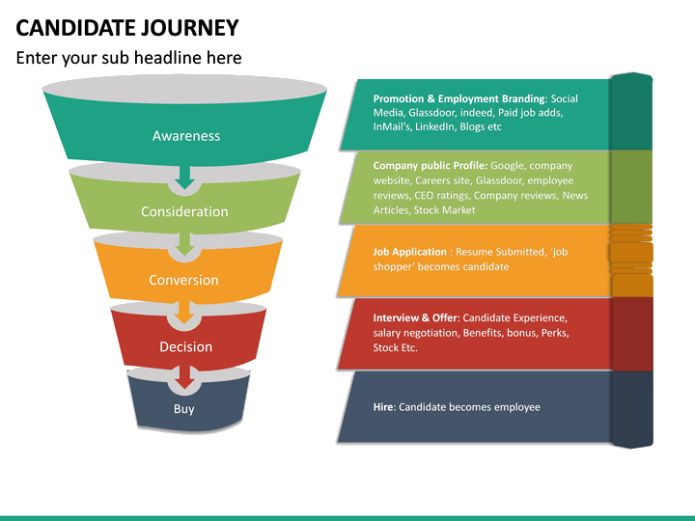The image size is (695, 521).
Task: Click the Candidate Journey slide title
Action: click(127, 26)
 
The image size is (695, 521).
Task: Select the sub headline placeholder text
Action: click(128, 58)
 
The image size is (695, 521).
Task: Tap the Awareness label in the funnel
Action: click(186, 136)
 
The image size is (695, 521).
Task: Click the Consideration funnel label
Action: click(184, 211)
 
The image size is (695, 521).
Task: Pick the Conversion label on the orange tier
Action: click(183, 280)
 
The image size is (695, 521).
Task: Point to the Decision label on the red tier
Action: click(185, 346)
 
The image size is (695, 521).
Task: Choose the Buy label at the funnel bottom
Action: click(183, 409)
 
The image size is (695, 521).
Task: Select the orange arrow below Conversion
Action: click(183, 315)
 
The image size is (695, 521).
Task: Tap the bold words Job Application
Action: click(410, 252)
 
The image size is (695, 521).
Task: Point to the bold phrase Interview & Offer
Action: click(416, 317)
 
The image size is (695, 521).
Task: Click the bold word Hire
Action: click(383, 407)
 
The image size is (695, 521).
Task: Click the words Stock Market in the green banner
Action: click(445, 209)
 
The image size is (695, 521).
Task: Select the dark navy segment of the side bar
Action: click(631, 407)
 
